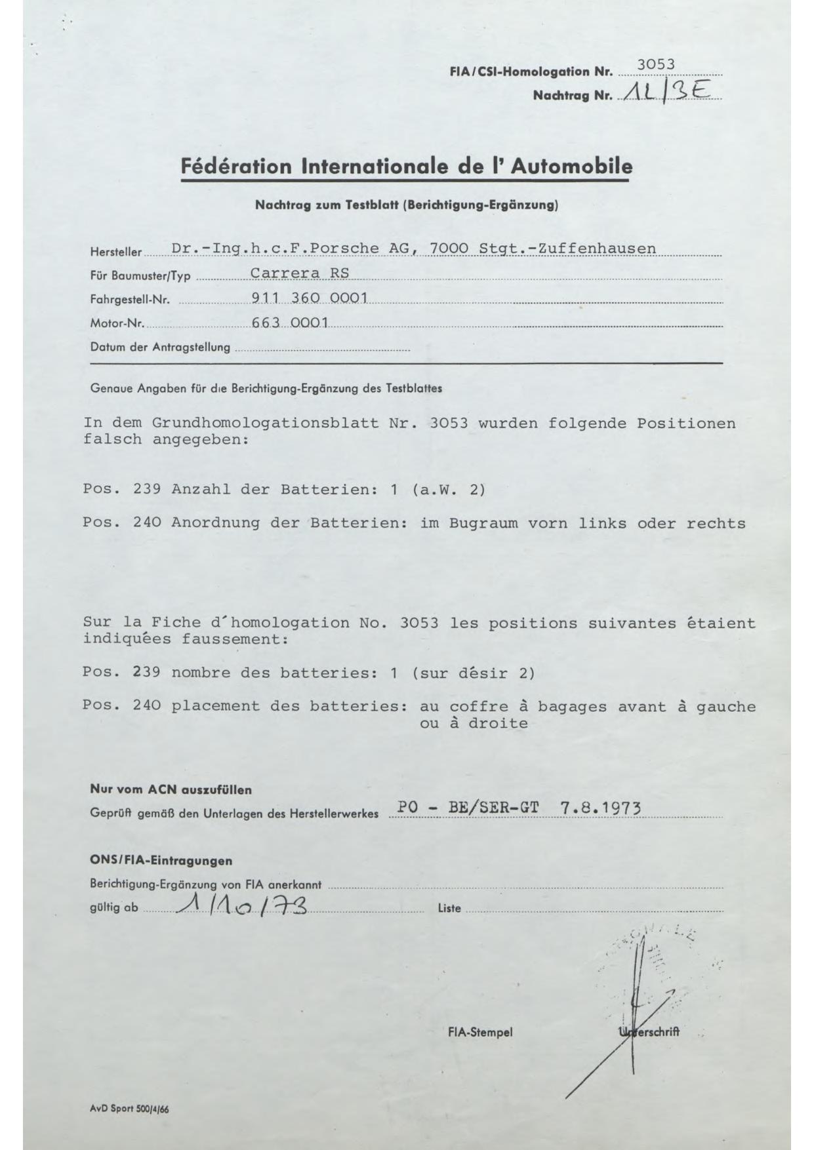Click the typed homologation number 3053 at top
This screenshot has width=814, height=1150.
pos(655,64)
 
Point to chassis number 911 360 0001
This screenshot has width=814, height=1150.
pos(309,298)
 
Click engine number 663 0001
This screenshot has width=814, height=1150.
pos(289,323)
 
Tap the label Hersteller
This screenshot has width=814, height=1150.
pos(115,252)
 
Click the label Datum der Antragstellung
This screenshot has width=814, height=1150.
pos(160,347)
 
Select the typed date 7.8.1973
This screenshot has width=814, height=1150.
pos(600,808)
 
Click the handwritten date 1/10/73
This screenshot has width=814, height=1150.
pos(243,907)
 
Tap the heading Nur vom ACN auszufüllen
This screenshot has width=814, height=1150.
pos(171,790)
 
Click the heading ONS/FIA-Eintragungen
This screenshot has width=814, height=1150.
pos(161,860)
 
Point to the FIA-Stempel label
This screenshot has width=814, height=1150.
pos(480,1033)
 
